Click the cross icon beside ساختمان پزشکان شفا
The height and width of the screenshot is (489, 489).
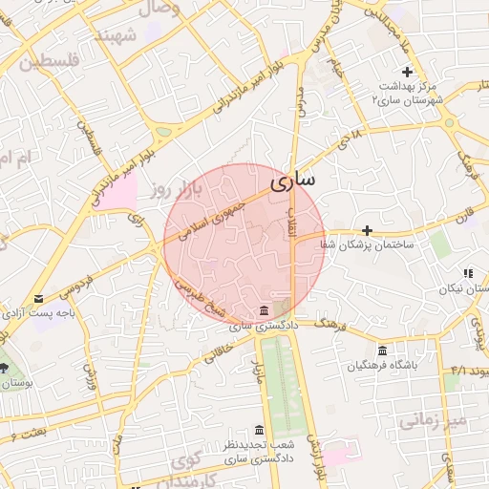367,230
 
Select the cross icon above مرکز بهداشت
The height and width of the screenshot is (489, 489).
407,72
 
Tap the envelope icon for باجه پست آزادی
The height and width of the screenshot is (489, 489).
38,299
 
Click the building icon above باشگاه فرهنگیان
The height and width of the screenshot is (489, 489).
382,351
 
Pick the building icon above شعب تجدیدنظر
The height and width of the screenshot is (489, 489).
259,431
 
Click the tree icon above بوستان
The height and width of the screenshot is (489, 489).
3,368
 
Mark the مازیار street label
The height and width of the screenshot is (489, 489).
257,366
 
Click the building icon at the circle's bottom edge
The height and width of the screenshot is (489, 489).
264,311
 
